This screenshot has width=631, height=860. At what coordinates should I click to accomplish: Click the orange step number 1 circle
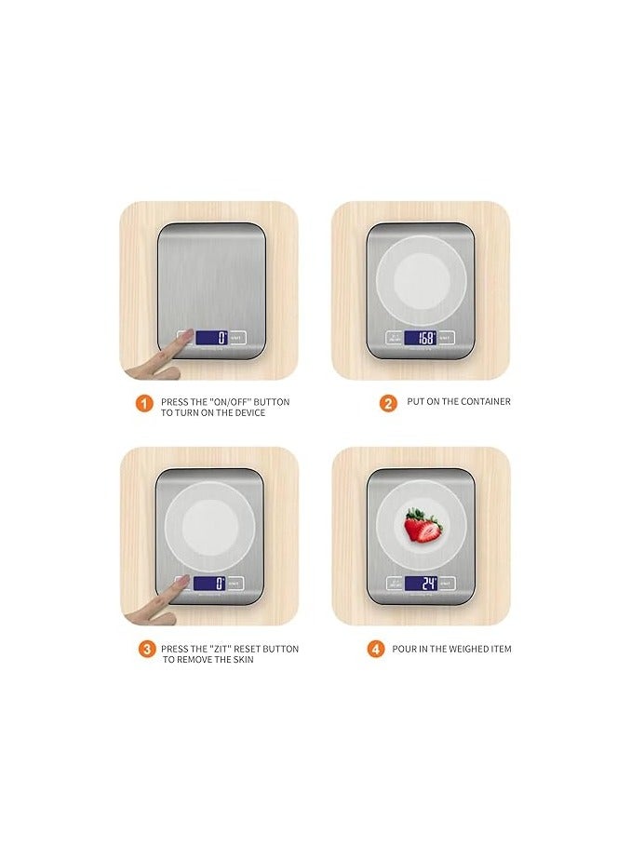(144, 403)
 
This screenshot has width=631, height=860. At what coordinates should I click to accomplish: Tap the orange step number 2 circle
(388, 403)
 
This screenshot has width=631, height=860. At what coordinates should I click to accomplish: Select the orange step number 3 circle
(147, 649)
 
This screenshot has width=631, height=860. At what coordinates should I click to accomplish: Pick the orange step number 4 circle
(376, 649)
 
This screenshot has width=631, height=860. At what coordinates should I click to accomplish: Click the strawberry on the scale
(423, 526)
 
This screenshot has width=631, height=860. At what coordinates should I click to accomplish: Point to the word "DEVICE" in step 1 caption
(245, 413)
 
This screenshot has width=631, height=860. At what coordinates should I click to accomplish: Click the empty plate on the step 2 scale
(421, 279)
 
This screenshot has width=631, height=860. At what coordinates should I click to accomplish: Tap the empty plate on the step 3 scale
(210, 527)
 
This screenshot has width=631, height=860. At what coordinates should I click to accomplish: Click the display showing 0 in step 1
(210, 338)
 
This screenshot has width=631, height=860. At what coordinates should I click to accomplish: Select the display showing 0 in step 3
(209, 584)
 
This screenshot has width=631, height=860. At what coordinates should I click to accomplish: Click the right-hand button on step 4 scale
(447, 584)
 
